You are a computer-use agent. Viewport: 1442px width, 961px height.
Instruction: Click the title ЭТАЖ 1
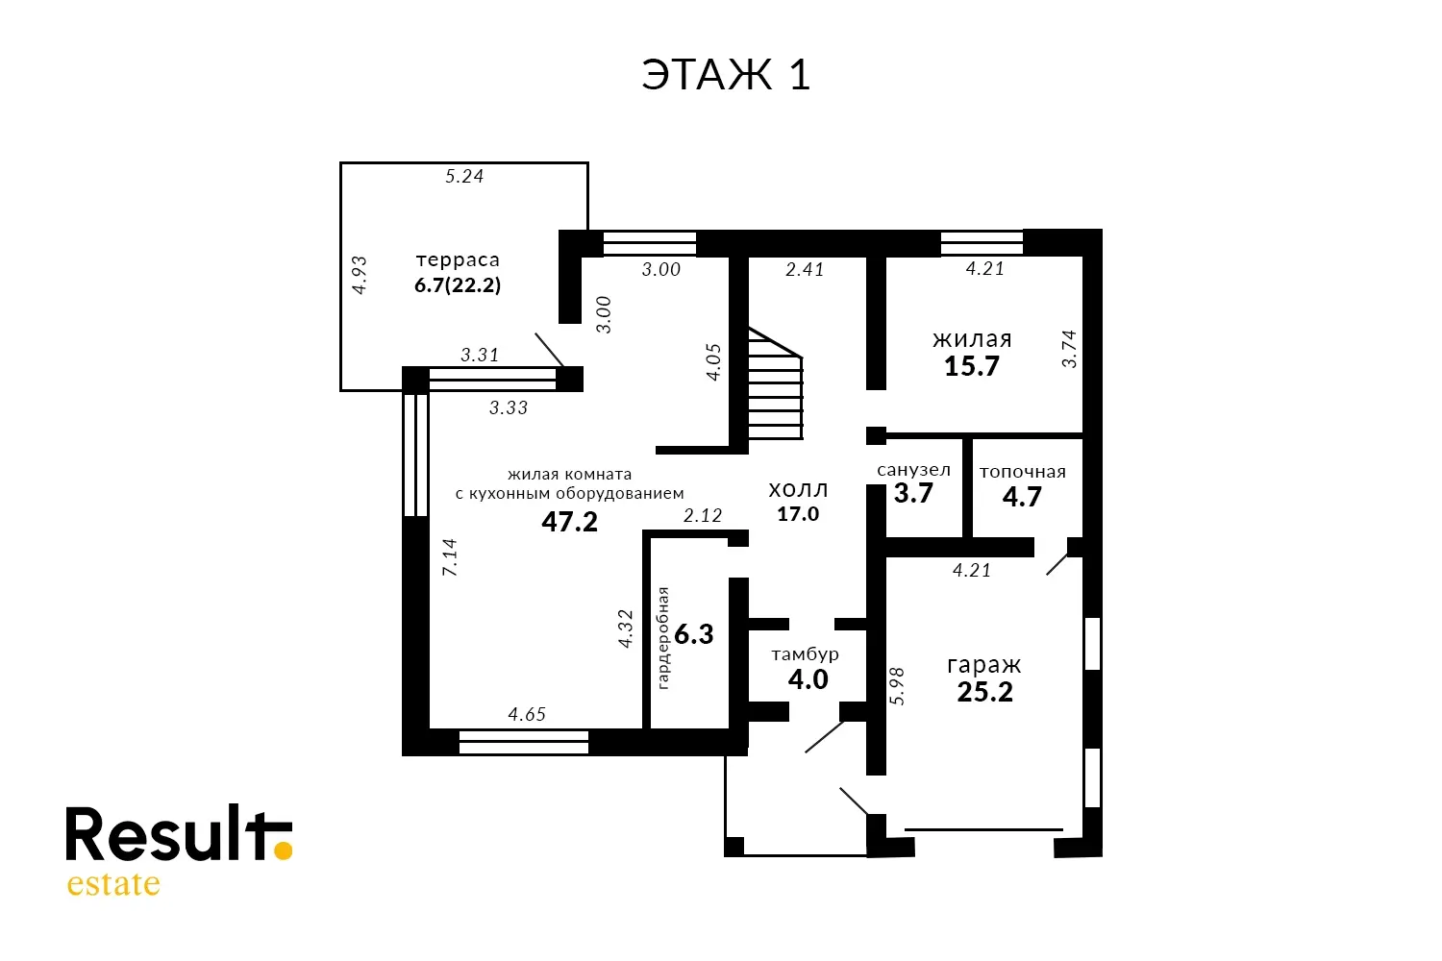point(726,74)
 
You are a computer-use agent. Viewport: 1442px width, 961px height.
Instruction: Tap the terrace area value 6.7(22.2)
point(458,284)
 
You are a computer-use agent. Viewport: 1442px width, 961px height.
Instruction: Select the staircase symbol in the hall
point(776,383)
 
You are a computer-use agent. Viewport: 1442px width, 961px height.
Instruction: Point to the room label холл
point(798,490)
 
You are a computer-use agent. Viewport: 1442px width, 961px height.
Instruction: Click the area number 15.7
point(971,366)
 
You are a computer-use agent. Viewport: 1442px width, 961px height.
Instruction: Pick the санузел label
point(913,470)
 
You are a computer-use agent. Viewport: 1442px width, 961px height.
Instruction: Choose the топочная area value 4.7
point(1022,497)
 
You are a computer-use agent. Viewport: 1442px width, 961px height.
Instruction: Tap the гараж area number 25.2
point(985,692)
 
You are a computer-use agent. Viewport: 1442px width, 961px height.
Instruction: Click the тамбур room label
point(806,654)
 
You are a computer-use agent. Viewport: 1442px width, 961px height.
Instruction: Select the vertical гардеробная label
point(663,638)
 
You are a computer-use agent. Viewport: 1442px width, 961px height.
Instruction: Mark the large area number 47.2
point(570,522)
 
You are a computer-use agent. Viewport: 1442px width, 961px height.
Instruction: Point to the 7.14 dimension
point(449,557)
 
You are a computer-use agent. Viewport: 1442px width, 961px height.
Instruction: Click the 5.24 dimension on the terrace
point(464,176)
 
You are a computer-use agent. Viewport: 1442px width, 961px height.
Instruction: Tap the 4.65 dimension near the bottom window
point(527,714)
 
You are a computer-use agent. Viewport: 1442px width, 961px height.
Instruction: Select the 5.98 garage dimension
point(897,686)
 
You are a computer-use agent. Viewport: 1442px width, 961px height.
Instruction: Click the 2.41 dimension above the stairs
point(805,269)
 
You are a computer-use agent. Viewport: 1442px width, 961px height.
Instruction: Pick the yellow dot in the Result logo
point(283,850)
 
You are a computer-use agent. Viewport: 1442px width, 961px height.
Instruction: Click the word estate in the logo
point(113,884)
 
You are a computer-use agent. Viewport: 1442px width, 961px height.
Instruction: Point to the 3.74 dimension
point(1069,349)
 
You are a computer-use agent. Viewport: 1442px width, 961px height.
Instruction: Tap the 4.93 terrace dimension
point(360,275)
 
